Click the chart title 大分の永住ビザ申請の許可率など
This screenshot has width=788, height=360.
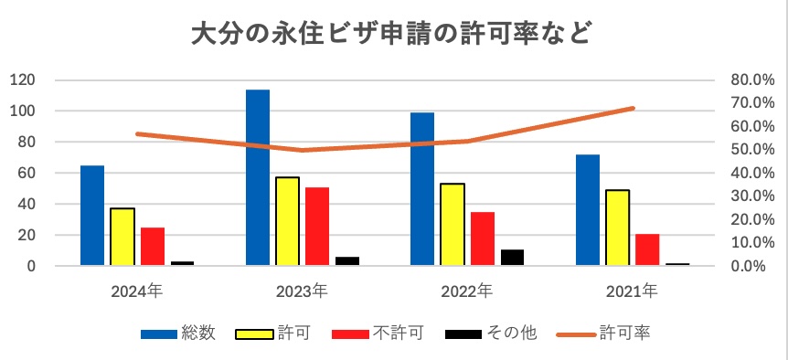(x=393, y=35)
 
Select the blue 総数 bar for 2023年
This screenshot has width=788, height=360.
(x=258, y=177)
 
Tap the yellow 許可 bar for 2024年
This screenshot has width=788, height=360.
(x=122, y=237)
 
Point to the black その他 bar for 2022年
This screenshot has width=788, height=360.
(x=513, y=257)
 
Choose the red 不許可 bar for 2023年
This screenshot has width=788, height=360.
(x=317, y=227)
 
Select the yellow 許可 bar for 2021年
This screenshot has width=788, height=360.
(x=617, y=228)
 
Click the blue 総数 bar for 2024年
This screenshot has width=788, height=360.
(x=92, y=216)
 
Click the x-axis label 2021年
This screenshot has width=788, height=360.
(x=631, y=292)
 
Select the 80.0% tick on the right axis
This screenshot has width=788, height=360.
(x=752, y=80)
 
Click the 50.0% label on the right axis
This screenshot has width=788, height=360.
(x=752, y=150)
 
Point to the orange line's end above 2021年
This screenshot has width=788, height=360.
(x=633, y=108)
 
